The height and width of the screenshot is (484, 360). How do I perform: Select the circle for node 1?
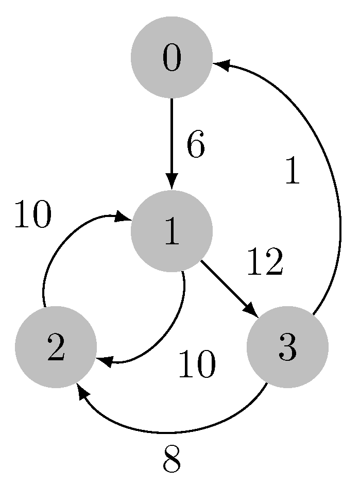point(172,231)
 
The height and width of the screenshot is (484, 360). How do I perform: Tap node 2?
point(56,346)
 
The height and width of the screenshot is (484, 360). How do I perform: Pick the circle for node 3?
point(287,346)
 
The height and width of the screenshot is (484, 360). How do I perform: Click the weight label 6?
point(196,146)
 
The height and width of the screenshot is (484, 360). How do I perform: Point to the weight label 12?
point(265,262)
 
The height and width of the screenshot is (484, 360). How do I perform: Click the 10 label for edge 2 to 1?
point(32,215)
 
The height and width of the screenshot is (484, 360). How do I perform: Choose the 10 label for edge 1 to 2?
point(196,365)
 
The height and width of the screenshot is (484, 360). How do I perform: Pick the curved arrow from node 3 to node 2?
point(170,431)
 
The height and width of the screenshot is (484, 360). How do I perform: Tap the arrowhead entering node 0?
point(221,64)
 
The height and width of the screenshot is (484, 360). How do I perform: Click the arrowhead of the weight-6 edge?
point(172,183)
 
